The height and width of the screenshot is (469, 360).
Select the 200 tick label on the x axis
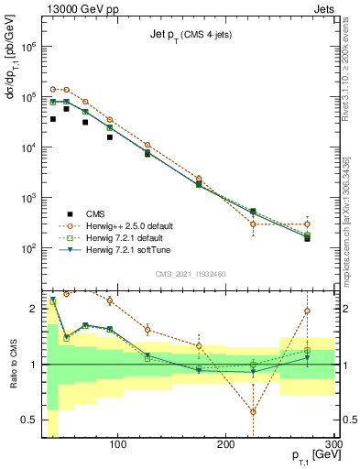(x=225, y=446)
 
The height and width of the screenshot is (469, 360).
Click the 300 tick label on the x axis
(x=333, y=446)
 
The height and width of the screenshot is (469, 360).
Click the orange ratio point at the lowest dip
(x=254, y=411)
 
